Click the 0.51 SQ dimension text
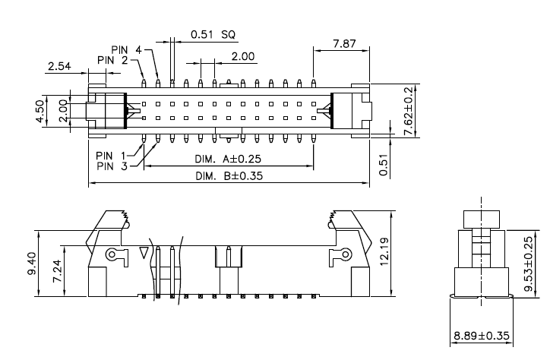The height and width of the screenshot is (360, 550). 213,34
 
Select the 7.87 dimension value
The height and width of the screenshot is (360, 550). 344,44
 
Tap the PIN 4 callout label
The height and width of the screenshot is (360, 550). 126,50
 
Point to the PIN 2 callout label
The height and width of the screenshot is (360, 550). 112,60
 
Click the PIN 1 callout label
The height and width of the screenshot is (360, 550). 111,155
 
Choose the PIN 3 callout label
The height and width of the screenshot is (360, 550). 112,166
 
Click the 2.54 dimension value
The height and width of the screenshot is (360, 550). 59,66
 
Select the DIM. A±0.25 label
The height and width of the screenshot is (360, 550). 228,159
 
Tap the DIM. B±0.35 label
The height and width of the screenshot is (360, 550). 229,175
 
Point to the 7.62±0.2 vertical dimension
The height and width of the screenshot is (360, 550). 408,111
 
